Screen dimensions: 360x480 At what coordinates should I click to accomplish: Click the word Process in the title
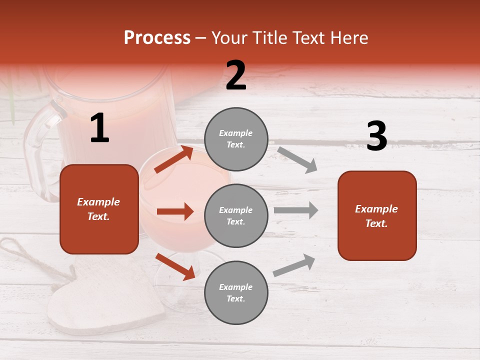(157, 38)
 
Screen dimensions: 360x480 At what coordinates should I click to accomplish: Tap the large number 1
(99, 128)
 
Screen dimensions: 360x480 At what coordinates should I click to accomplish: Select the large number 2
(236, 75)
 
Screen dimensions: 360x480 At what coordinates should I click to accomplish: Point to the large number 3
(376, 136)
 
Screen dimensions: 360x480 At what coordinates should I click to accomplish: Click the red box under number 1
(99, 209)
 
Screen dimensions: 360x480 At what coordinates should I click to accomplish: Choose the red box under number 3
(377, 216)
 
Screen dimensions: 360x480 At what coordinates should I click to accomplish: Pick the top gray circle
(236, 139)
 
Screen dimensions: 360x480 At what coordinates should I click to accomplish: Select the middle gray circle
(236, 216)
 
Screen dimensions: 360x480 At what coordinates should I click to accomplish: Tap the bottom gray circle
(236, 293)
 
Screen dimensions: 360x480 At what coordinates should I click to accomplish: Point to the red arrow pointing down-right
(175, 266)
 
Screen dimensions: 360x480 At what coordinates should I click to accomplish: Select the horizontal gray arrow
(296, 210)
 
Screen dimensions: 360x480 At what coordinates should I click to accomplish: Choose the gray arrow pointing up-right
(294, 265)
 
